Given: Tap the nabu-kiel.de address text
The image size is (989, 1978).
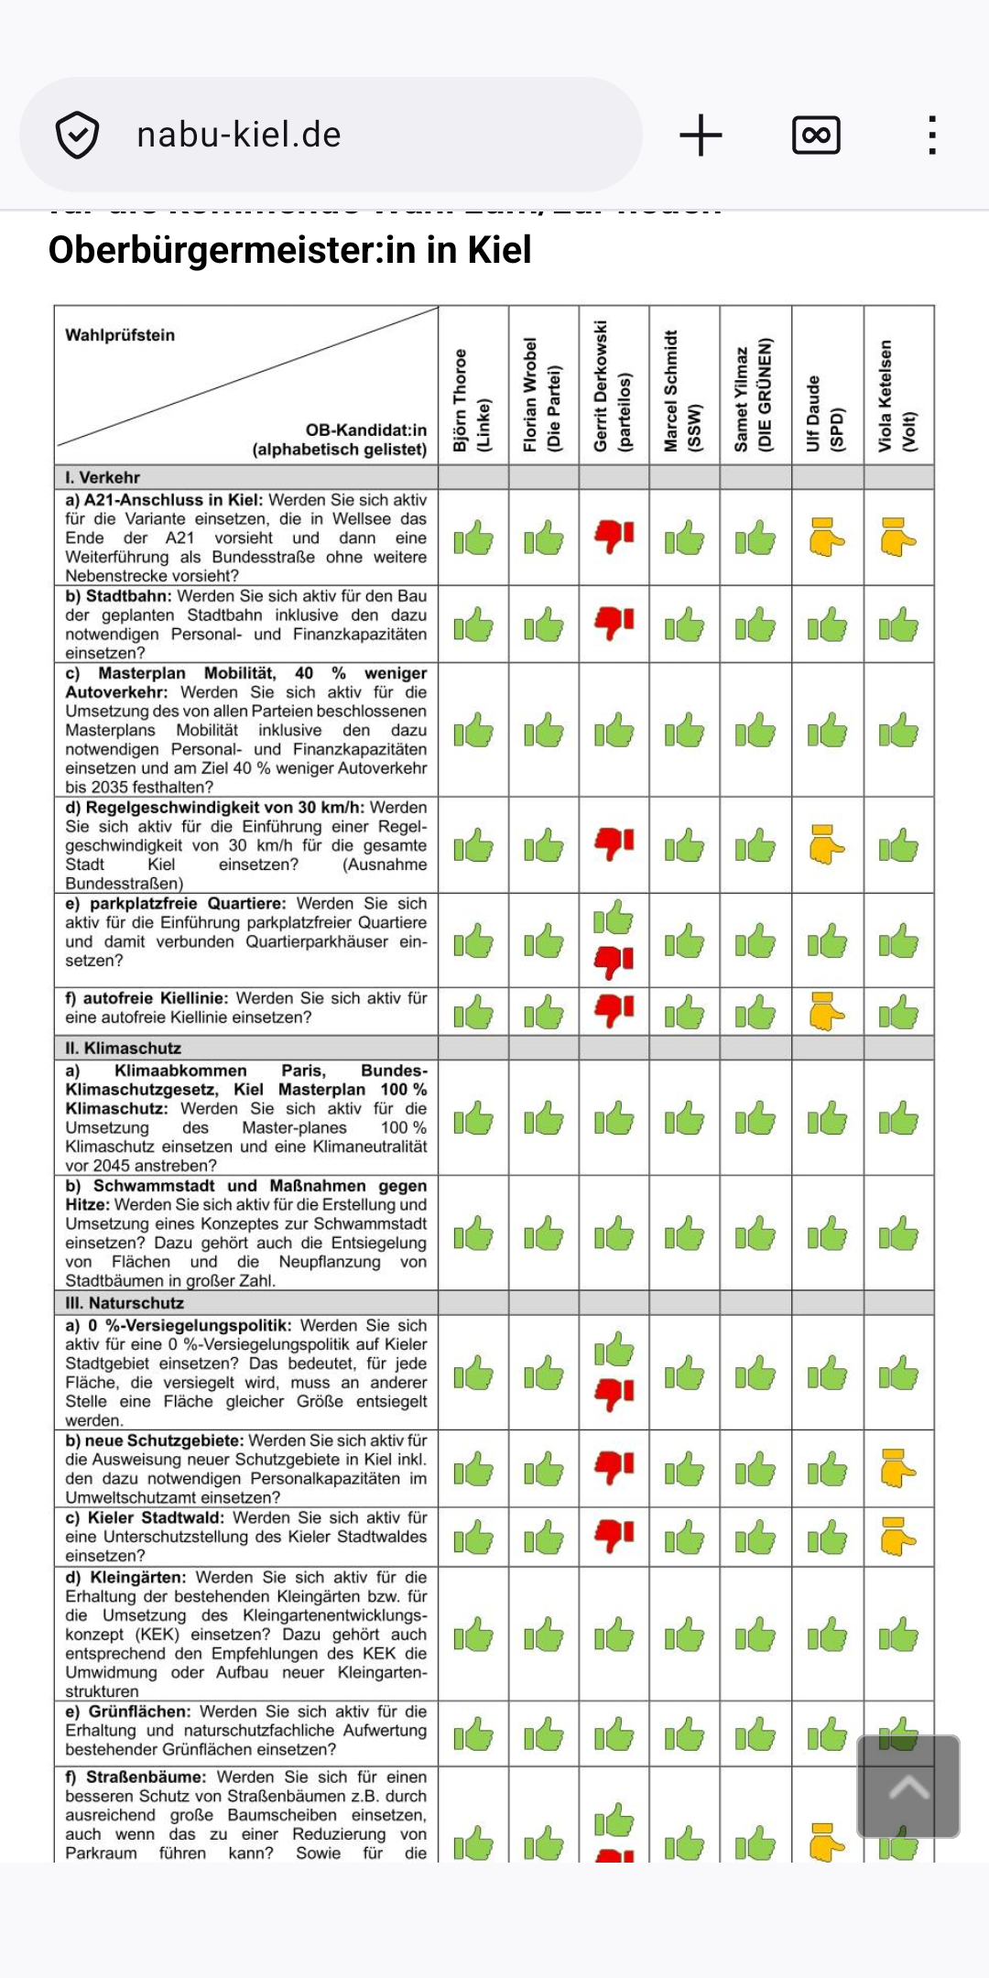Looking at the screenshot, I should point(239,136).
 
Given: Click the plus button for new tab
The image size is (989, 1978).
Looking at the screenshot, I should point(701,136).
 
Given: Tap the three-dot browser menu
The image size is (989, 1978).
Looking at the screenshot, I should point(931,136).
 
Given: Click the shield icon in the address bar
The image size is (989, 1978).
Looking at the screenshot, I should point(77,136).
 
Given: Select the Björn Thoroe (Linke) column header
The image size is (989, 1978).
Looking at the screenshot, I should point(473,399).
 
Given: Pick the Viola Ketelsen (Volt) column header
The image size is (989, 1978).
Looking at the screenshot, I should point(897,396).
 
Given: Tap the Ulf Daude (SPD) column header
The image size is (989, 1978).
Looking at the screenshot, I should point(826,412).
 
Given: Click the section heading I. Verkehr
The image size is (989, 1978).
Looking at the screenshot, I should point(103,477).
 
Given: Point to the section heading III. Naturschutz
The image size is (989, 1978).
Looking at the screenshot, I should point(125,1302).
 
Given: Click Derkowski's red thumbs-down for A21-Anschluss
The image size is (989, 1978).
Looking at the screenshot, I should point(614,536).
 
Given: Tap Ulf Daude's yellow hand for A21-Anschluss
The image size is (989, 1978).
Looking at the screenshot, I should point(826,538).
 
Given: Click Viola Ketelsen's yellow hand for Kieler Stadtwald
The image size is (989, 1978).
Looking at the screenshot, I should point(897,1538).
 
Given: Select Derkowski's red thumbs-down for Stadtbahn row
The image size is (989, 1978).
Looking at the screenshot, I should point(614,623).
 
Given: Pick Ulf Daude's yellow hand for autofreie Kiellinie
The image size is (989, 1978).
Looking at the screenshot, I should point(826,1011).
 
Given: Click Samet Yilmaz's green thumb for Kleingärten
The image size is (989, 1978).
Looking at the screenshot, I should point(755,1635).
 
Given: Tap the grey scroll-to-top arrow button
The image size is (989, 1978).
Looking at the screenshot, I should point(907,1786).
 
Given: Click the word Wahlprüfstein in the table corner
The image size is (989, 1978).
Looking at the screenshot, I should point(120,335).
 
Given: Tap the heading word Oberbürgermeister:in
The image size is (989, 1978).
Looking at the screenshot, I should point(214,250).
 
